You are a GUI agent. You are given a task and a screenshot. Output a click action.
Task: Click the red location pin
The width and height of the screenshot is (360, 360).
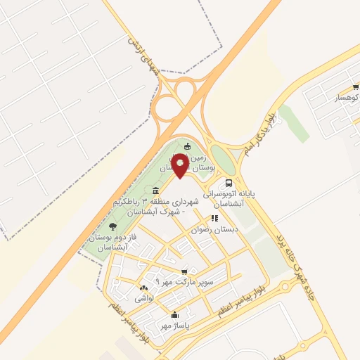(x=181, y=167)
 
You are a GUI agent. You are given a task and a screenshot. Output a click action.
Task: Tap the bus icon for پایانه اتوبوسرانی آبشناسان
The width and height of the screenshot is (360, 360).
(x=230, y=179)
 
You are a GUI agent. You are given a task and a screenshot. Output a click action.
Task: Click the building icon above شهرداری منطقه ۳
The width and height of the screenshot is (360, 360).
(x=155, y=191)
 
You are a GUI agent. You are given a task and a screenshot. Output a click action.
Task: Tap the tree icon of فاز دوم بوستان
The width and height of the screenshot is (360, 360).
(x=113, y=226)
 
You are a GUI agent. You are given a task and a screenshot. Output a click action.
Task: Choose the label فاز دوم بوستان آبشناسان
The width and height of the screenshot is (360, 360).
(x=113, y=243)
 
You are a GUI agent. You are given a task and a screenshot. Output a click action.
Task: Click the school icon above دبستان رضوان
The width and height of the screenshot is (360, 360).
(x=214, y=217)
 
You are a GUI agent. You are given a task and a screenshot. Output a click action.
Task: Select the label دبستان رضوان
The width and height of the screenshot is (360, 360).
(x=215, y=229)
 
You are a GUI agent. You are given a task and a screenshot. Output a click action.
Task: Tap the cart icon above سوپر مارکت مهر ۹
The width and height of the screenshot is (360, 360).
(x=184, y=271)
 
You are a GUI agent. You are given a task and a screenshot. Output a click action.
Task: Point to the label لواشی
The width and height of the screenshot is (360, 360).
(x=144, y=299)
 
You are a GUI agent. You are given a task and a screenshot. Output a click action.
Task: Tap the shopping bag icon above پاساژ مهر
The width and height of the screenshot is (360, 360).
(x=174, y=315)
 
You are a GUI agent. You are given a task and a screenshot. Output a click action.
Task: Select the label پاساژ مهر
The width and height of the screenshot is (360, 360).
(x=174, y=326)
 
